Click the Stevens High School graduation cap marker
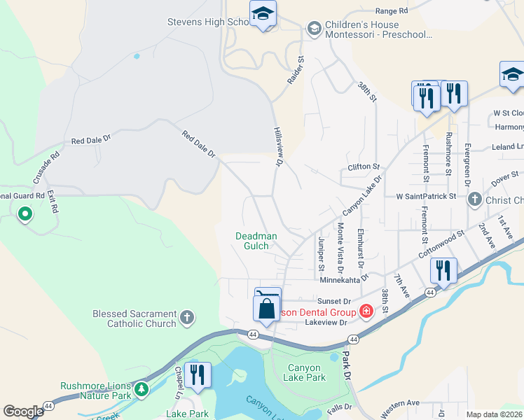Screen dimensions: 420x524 (x=263, y=14)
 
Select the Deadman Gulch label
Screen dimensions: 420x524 (x=256, y=241)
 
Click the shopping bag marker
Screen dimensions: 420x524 (x=267, y=309)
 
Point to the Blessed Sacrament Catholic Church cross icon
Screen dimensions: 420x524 (x=186, y=318)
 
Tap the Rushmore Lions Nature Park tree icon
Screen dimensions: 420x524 (x=142, y=388)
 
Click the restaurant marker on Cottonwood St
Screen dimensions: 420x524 (x=443, y=269)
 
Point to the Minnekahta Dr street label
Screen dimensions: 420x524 (x=344, y=279)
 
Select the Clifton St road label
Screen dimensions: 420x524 (x=363, y=167)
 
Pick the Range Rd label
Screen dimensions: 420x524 (x=391, y=11)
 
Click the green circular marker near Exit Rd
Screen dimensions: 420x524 (x=25, y=214)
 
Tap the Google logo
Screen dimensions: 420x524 (x=23, y=412)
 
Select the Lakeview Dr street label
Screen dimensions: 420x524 (x=326, y=323)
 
